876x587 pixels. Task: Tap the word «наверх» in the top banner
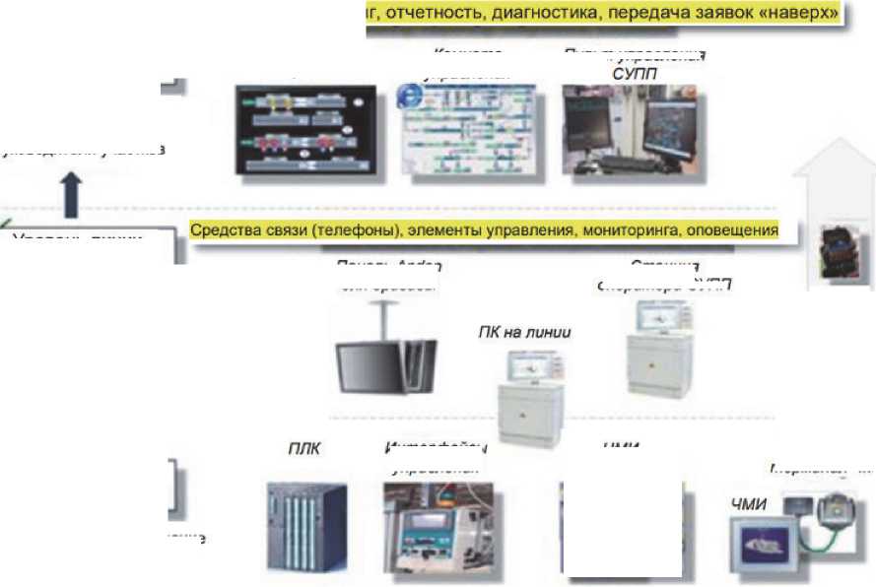pyautogui.click(x=797, y=14)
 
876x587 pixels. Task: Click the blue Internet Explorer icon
pyautogui.click(x=406, y=96)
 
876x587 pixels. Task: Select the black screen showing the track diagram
pyautogui.click(x=305, y=131)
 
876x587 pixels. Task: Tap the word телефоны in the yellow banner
pyautogui.click(x=337, y=230)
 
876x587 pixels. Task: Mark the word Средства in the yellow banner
pyautogui.click(x=224, y=230)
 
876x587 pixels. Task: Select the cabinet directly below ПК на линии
pyautogui.click(x=530, y=404)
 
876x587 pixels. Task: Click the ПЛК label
pyautogui.click(x=303, y=448)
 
